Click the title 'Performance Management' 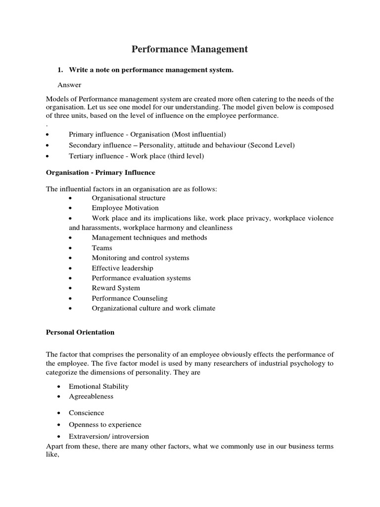pyautogui.click(x=190, y=49)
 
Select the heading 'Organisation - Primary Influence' pyautogui.click(x=100, y=173)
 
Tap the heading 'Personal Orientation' pyautogui.click(x=80, y=332)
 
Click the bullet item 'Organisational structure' pyautogui.click(x=129, y=198)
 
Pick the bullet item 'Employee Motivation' pyautogui.click(x=125, y=208)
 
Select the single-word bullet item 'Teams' pyautogui.click(x=102, y=248)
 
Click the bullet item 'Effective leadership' pyautogui.click(x=122, y=268)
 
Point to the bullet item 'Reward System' pyautogui.click(x=116, y=288)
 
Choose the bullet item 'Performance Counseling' pyautogui.click(x=130, y=299)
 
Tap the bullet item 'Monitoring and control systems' pyautogui.click(x=141, y=258)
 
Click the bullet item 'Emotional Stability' pyautogui.click(x=99, y=386)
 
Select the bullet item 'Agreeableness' pyautogui.click(x=91, y=396)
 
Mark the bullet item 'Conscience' pyautogui.click(x=87, y=412)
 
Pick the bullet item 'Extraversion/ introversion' pyautogui.click(x=109, y=436)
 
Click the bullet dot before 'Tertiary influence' pyautogui.click(x=47, y=156)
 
